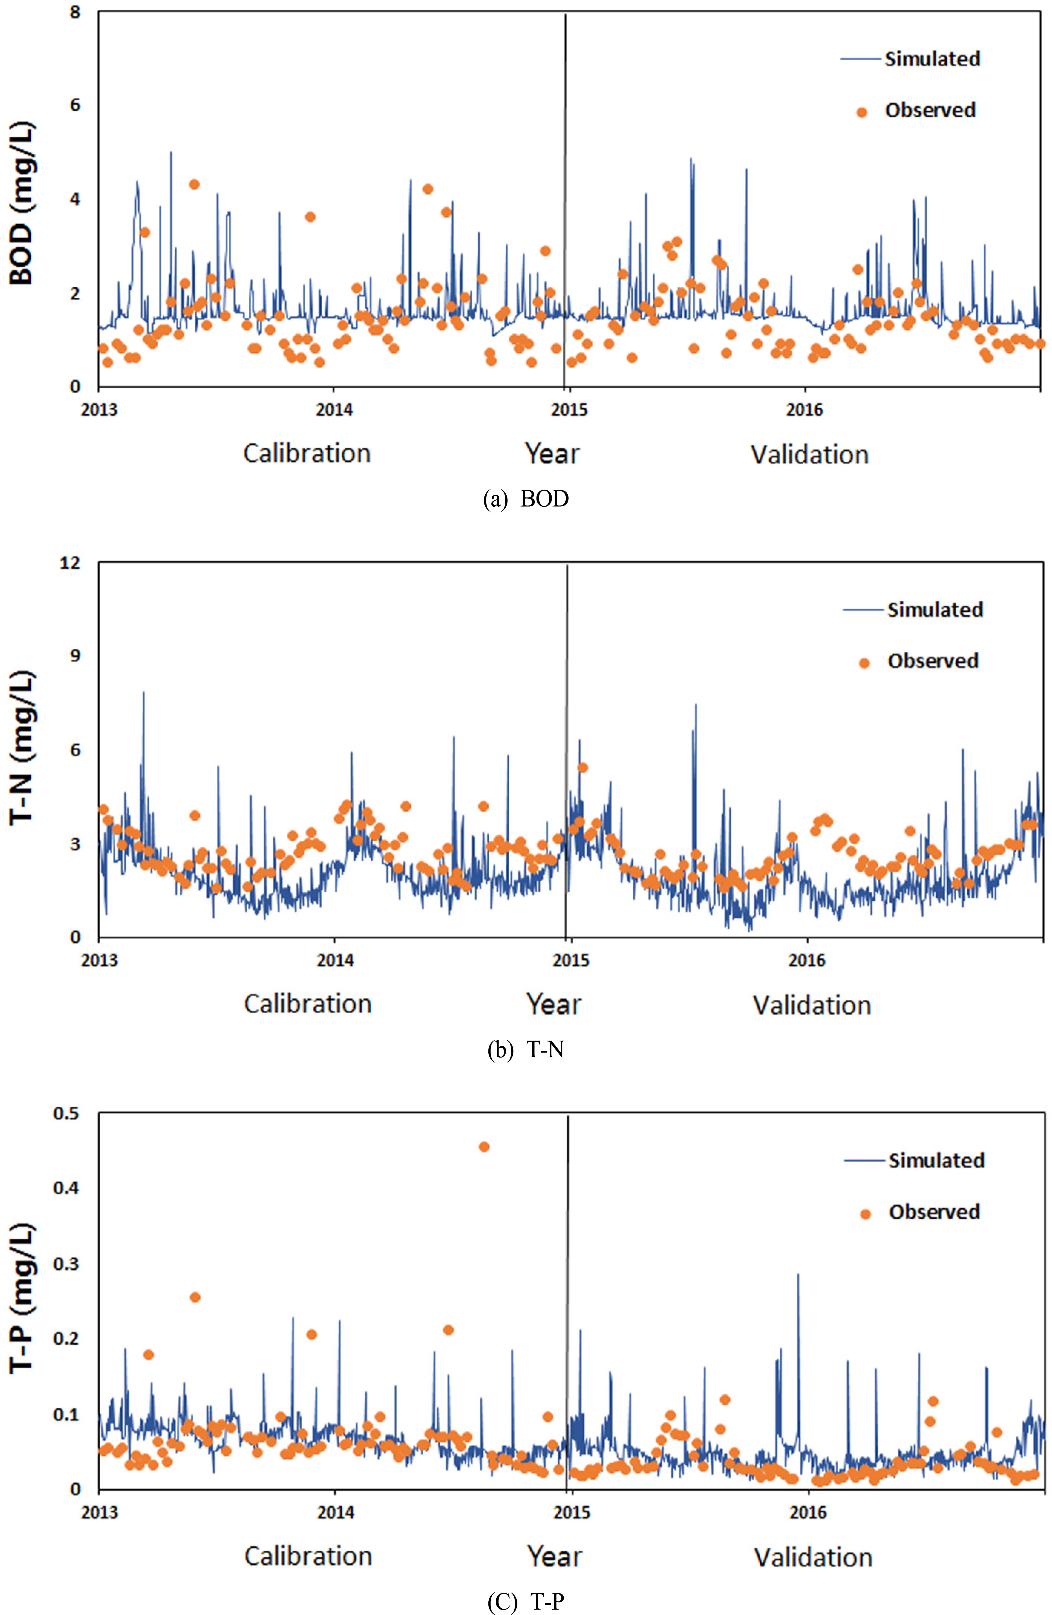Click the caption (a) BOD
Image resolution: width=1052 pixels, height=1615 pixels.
click(x=525, y=499)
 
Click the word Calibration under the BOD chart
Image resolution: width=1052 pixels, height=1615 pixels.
click(x=307, y=453)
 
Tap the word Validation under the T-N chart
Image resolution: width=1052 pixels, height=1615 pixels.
click(x=812, y=1005)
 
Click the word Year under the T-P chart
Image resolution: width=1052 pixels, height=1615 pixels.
click(x=554, y=1557)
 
